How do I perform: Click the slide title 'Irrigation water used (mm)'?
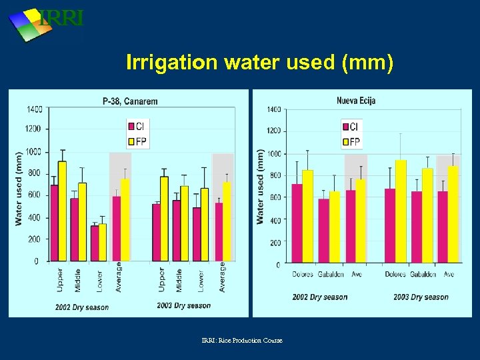tap(260, 63)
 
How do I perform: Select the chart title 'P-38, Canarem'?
tap(130, 101)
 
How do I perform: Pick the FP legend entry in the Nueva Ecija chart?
tap(350, 141)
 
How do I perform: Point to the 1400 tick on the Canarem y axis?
tap(34, 109)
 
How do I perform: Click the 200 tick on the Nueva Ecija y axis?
tap(273, 243)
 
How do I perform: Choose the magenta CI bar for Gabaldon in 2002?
tap(323, 231)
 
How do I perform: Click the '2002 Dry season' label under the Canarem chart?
tap(81, 307)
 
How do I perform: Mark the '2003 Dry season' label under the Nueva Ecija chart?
tap(421, 297)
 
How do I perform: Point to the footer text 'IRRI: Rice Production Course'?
tap(242, 341)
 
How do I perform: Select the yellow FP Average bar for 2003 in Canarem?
tap(227, 222)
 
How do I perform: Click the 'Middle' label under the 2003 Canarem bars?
tap(179, 280)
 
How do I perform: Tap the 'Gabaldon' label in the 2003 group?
tap(423, 275)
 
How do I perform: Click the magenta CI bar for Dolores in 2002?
tap(297, 223)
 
